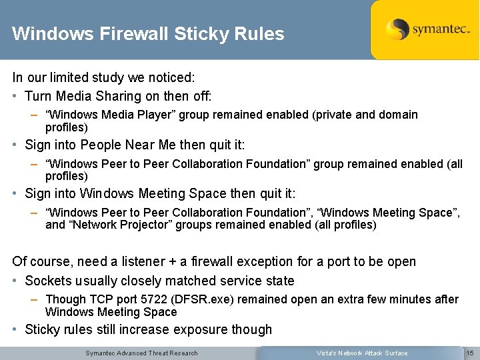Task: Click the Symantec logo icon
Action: click(397, 30)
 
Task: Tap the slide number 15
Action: click(469, 353)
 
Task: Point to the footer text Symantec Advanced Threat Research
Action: click(141, 353)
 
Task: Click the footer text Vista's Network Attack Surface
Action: click(362, 353)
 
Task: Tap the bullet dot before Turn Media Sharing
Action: click(15, 97)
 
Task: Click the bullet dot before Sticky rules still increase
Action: click(15, 329)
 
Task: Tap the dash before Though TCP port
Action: click(34, 300)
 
